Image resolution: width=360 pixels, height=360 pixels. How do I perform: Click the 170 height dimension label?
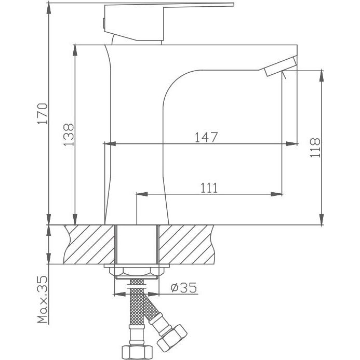pyautogui.click(x=43, y=114)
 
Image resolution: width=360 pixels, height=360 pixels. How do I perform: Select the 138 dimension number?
pyautogui.click(x=69, y=135)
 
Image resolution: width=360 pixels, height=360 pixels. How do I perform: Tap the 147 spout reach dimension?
pyautogui.click(x=206, y=137)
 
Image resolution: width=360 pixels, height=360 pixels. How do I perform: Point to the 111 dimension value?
pyautogui.click(x=209, y=188)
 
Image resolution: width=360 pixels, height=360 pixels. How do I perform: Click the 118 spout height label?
pyautogui.click(x=315, y=148)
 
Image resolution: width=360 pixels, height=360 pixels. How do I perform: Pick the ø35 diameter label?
pyautogui.click(x=184, y=287)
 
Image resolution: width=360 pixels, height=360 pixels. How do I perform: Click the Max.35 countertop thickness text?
pyautogui.click(x=43, y=299)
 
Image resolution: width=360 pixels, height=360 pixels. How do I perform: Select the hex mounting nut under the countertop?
pyautogui.click(x=137, y=271)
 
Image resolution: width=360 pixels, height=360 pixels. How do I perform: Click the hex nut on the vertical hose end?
pyautogui.click(x=137, y=352)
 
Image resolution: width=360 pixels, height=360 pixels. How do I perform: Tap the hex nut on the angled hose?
pyautogui.click(x=172, y=338)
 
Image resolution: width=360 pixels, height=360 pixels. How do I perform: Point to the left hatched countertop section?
pyautogui.click(x=89, y=244)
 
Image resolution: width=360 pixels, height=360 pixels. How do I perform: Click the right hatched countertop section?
pyautogui.click(x=186, y=244)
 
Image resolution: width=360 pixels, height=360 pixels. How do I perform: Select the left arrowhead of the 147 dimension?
pyautogui.click(x=110, y=144)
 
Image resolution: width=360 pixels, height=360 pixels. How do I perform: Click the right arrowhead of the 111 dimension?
pyautogui.click(x=277, y=194)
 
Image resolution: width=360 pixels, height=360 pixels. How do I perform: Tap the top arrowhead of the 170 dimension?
pyautogui.click(x=49, y=9)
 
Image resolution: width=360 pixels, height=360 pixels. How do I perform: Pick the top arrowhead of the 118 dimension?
pyautogui.click(x=322, y=76)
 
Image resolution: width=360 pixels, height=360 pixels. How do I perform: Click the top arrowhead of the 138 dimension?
pyautogui.click(x=75, y=50)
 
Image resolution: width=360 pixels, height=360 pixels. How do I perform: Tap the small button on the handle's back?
pyautogui.click(x=104, y=23)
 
